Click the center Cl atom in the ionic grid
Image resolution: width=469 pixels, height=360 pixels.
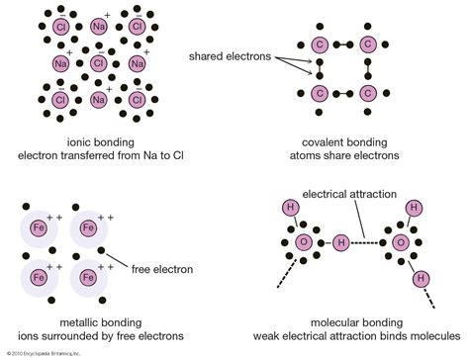point(98,63)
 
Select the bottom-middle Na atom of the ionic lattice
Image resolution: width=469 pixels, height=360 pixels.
point(98,100)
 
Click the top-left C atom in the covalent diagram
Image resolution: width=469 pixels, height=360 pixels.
point(320,45)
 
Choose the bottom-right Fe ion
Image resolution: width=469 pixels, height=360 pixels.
point(88,278)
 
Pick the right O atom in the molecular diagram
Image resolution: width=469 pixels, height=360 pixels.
point(403,242)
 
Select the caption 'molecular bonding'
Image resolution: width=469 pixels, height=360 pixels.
point(361,322)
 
